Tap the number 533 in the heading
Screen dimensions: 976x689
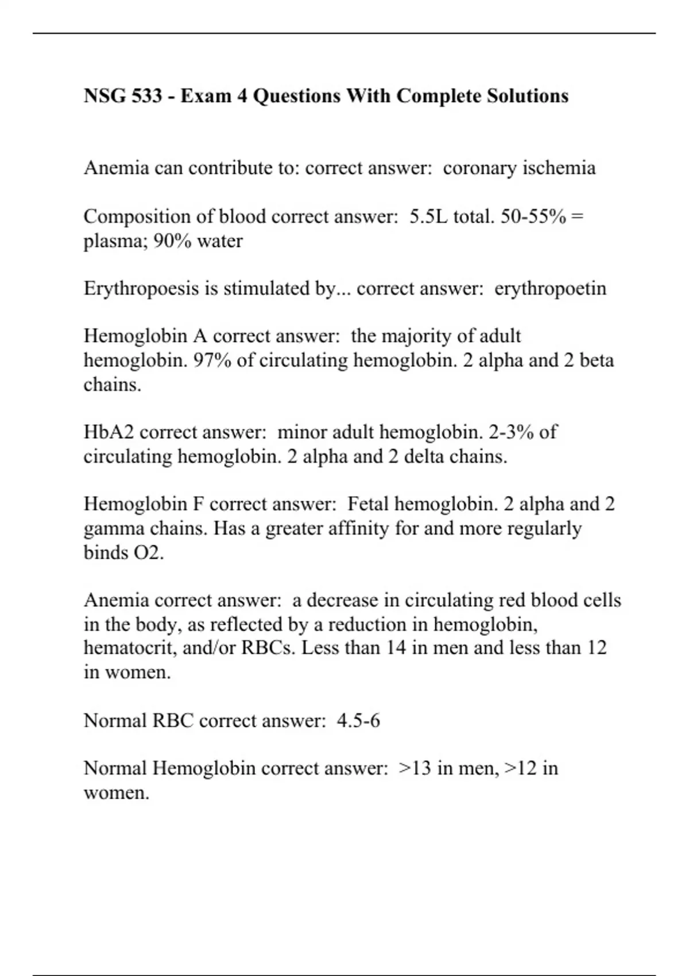(146, 95)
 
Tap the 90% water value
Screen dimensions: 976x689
(172, 241)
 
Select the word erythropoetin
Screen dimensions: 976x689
(550, 288)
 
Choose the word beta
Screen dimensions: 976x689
(597, 361)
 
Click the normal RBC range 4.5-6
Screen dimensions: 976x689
(358, 721)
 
